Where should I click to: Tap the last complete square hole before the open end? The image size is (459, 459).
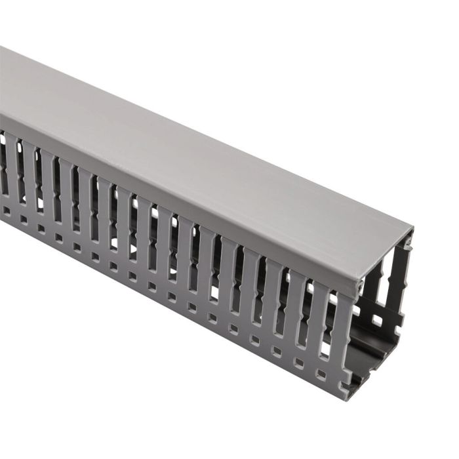coord(321,373)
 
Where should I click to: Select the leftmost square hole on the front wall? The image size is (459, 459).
coord(6,210)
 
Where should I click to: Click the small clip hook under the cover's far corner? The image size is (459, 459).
coord(409,247)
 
